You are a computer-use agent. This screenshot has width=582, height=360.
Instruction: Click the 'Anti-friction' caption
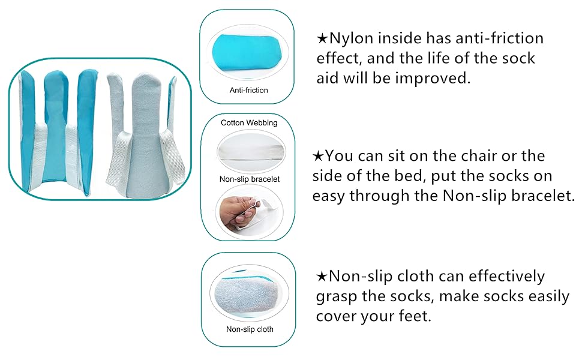coord(248,90)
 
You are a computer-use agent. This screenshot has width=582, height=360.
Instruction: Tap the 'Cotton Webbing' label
coord(249,123)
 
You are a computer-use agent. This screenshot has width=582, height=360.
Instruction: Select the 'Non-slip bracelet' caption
coord(250,179)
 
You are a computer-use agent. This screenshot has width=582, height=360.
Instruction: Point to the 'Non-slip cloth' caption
coord(250,329)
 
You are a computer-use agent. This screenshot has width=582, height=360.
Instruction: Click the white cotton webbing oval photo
coord(251,151)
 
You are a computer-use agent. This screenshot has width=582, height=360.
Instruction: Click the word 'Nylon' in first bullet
coord(351,38)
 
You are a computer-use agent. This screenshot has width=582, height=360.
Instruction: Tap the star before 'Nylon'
coord(322,38)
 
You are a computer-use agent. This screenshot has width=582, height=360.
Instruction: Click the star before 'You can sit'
coord(318,156)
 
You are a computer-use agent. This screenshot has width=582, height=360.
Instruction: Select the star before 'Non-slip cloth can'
coord(322,276)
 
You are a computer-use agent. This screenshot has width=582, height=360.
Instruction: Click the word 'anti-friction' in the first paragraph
coord(500,38)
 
